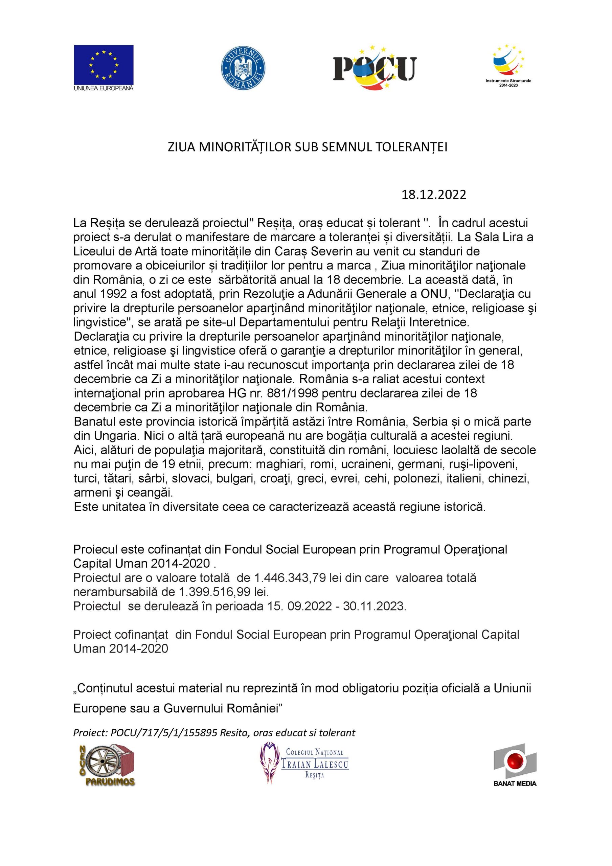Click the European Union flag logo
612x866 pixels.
point(104,65)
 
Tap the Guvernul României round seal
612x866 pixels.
point(243,68)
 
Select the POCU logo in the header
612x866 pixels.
point(375,68)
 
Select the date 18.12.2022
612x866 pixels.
point(433,195)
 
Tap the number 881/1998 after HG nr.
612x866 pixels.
point(290,393)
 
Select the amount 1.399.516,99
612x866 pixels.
point(214,592)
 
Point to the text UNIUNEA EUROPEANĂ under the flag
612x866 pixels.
point(104,88)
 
